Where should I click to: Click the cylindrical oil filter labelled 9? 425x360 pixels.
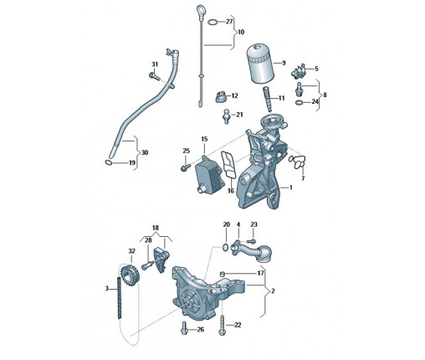(x=260, y=63)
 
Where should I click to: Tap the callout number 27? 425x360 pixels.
(x=229, y=22)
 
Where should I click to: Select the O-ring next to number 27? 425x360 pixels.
(x=213, y=22)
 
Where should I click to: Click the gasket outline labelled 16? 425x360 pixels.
(x=228, y=165)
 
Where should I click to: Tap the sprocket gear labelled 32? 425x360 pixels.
(x=130, y=274)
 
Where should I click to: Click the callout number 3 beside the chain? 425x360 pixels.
(x=107, y=288)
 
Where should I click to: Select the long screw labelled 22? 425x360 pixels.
(x=222, y=325)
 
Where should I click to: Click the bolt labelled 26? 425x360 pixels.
(x=184, y=328)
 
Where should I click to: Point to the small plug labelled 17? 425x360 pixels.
(x=223, y=273)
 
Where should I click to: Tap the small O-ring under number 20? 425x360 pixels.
(x=226, y=247)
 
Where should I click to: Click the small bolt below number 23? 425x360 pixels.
(x=251, y=240)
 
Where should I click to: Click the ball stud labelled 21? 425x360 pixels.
(x=227, y=116)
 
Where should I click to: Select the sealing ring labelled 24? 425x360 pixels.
(x=299, y=102)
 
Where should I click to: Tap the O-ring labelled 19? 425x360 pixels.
(x=109, y=162)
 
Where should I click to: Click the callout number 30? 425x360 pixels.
(x=145, y=152)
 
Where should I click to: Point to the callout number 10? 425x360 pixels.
(x=241, y=32)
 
